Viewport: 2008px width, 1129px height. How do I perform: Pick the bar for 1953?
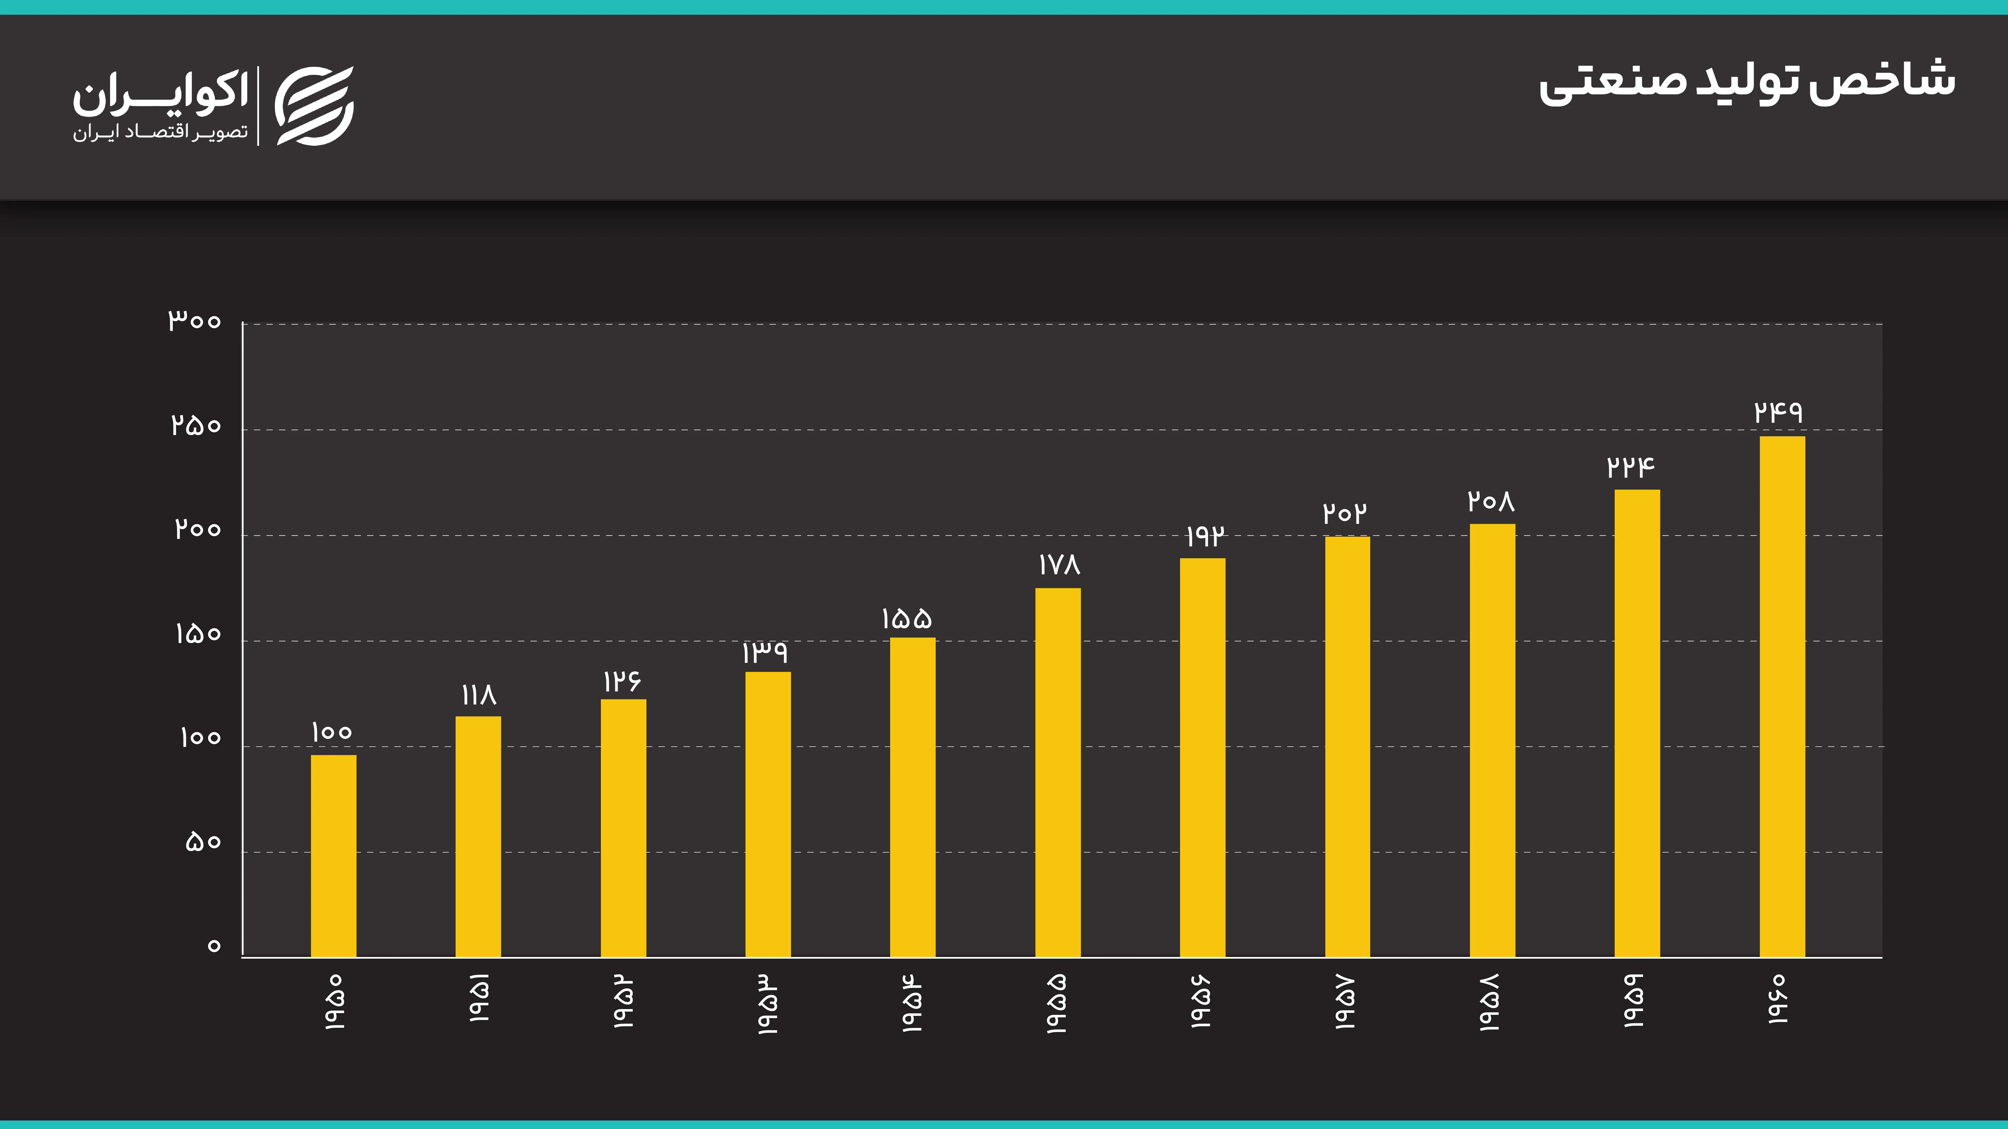[x=768, y=814]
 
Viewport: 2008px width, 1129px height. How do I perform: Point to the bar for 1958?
[x=1492, y=740]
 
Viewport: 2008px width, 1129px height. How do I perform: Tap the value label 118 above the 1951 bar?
[x=479, y=694]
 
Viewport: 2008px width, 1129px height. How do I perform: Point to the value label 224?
[x=1631, y=467]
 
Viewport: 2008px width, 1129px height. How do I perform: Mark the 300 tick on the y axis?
[x=195, y=320]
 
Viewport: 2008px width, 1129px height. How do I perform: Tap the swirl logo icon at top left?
[x=315, y=106]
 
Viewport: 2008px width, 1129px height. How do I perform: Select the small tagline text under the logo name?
[x=161, y=132]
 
